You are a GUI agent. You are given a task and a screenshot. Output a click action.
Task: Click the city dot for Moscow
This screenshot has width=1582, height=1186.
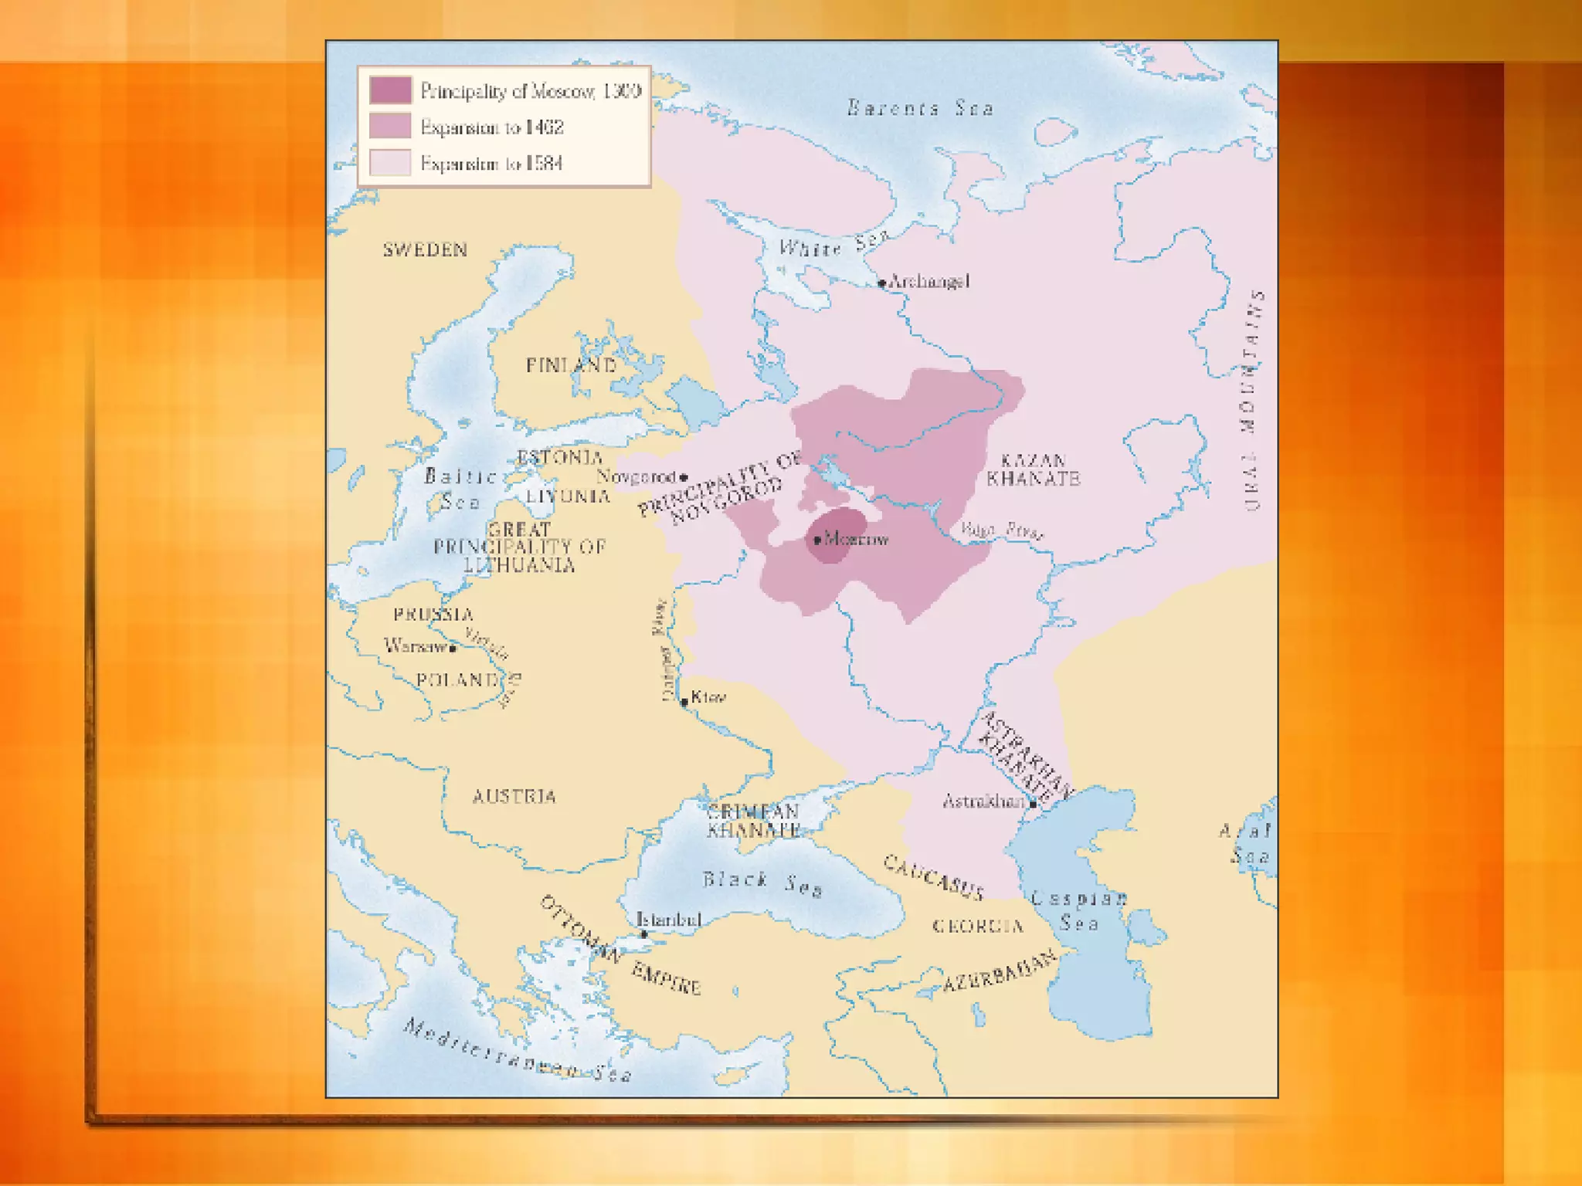[817, 540]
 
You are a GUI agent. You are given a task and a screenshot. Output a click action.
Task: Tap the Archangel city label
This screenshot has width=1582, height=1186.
[928, 282]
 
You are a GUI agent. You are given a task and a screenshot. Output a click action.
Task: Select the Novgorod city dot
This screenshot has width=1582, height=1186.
[684, 477]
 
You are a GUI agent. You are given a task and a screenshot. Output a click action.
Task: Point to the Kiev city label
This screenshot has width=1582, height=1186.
[708, 697]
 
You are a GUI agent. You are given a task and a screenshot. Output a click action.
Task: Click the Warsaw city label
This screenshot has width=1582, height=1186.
[415, 646]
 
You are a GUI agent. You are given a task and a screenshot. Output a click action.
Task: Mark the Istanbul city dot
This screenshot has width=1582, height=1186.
[644, 934]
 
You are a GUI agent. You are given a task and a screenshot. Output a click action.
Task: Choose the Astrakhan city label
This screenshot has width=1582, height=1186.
[983, 801]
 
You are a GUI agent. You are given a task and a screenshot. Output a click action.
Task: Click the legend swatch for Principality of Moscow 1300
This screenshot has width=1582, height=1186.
[390, 90]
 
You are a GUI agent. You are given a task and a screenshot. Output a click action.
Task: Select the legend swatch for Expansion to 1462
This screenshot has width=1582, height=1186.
[390, 127]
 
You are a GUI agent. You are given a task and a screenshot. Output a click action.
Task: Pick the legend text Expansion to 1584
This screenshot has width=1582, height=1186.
[491, 164]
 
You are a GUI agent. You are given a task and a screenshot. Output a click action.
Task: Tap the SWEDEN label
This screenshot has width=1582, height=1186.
[426, 250]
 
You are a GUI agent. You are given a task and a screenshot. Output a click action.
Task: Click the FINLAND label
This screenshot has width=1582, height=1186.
[571, 365]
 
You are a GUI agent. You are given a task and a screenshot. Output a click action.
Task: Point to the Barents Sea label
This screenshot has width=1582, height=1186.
[920, 108]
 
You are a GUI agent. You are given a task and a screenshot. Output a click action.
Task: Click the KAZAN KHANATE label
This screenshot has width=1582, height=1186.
[1033, 470]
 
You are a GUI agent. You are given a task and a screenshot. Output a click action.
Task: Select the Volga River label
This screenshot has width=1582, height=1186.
[1002, 530]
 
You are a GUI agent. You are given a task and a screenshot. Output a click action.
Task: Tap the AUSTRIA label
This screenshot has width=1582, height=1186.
[514, 797]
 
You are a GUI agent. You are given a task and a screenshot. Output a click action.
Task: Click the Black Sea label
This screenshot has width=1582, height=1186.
[762, 883]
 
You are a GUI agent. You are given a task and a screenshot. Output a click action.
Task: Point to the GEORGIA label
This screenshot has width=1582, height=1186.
[978, 926]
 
